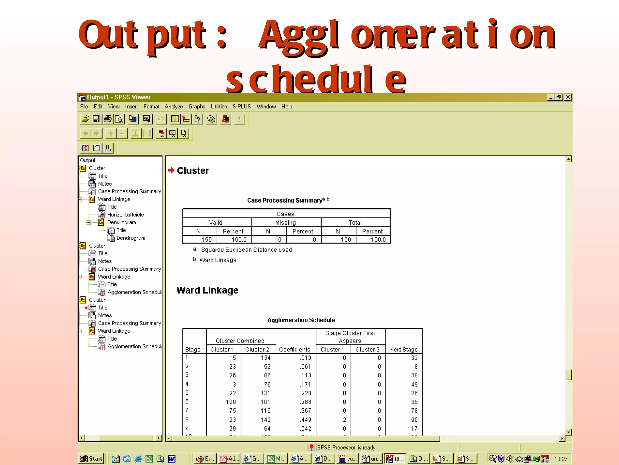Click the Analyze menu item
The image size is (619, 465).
[x=173, y=107]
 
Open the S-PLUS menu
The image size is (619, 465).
[x=241, y=107]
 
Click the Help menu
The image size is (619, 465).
[x=287, y=107]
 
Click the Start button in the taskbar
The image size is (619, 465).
[x=92, y=459]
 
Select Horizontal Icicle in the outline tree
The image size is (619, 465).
[x=125, y=215]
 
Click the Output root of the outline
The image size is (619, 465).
[x=87, y=160]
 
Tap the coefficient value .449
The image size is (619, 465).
[x=306, y=420]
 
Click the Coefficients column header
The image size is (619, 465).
[x=294, y=349]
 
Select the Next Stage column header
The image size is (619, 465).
[x=403, y=349]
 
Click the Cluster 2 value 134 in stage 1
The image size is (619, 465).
[x=265, y=358]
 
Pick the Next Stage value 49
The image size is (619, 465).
[x=414, y=384]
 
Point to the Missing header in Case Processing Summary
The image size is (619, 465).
[x=285, y=223]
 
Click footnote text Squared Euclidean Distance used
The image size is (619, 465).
[x=246, y=250]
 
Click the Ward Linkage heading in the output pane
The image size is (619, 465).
[x=207, y=290]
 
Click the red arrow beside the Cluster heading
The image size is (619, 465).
[x=171, y=170]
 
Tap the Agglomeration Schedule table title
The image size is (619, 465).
[x=301, y=320]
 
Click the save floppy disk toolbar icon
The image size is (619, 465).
[x=96, y=119]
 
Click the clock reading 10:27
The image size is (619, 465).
[x=561, y=459]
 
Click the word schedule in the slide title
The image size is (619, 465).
[x=316, y=79]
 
